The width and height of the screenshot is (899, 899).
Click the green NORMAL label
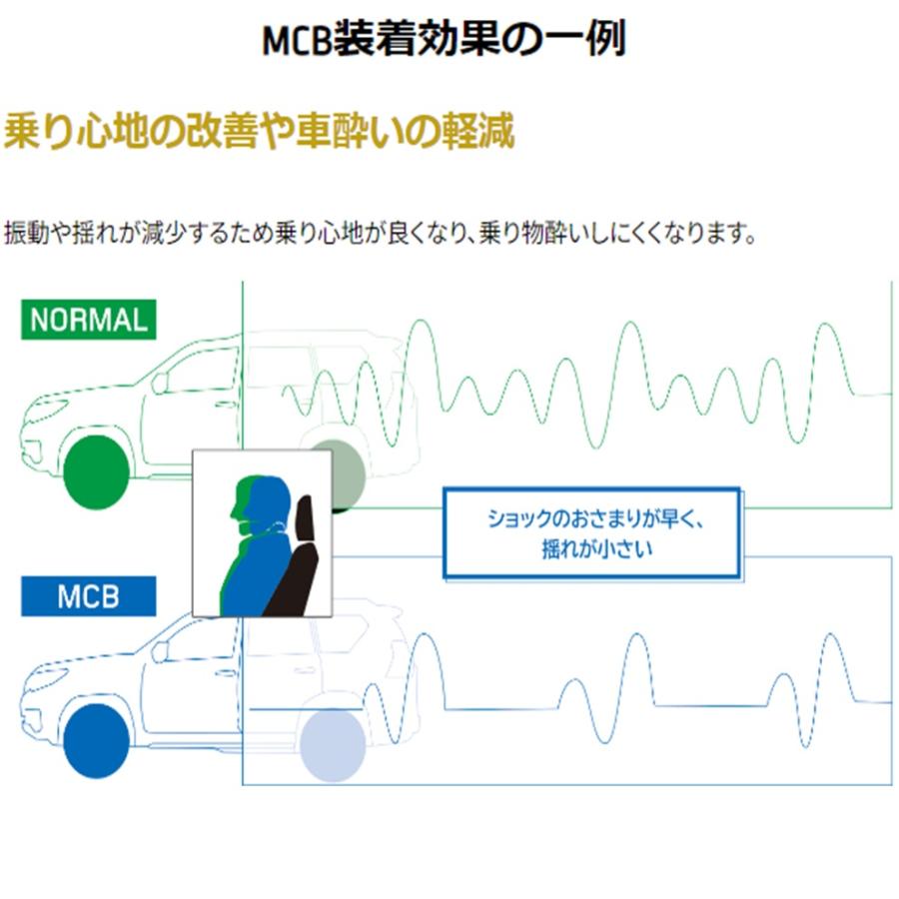(88, 320)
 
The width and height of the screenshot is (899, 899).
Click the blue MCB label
(88, 596)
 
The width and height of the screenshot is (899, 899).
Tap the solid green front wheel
(96, 471)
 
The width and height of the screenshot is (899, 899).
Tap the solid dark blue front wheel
(96, 741)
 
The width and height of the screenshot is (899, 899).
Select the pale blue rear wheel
(333, 745)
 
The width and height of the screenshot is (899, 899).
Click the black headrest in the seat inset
(305, 517)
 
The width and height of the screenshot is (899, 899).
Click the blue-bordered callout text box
(591, 533)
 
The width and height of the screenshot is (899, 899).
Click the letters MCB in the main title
(297, 40)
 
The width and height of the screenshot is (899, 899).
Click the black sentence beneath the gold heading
(380, 233)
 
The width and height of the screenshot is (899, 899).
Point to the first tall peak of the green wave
(422, 321)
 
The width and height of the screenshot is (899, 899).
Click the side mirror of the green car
(160, 383)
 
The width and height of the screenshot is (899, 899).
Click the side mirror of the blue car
(160, 651)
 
